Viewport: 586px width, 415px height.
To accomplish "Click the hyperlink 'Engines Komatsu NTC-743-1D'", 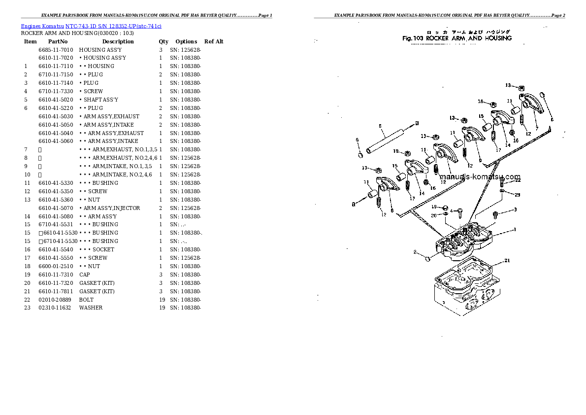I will [x=91, y=26].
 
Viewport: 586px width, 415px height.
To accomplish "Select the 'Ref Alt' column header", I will [x=214, y=41].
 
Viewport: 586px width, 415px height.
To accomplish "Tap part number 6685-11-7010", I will [x=56, y=50].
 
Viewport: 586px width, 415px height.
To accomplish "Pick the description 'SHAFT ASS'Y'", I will [x=100, y=100].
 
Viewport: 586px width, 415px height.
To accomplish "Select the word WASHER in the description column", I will [x=91, y=308].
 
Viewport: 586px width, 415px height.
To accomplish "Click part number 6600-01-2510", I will [x=56, y=266].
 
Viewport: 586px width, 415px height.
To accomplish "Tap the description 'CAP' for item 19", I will [x=84, y=275].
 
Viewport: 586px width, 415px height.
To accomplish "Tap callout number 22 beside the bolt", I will [x=517, y=180].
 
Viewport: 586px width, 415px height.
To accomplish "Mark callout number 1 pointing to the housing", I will [x=515, y=229].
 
